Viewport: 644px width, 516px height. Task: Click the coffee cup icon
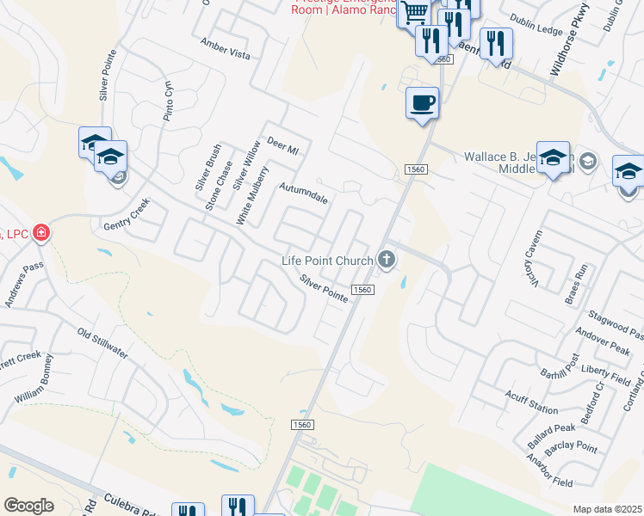(x=422, y=104)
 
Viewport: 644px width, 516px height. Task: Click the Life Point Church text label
(x=328, y=261)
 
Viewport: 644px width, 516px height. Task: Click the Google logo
(x=28, y=505)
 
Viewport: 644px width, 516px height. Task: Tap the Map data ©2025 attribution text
(x=608, y=509)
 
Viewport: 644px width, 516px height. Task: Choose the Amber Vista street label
(x=225, y=49)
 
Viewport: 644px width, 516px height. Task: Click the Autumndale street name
(x=303, y=192)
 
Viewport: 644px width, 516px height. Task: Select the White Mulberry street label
(x=254, y=196)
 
